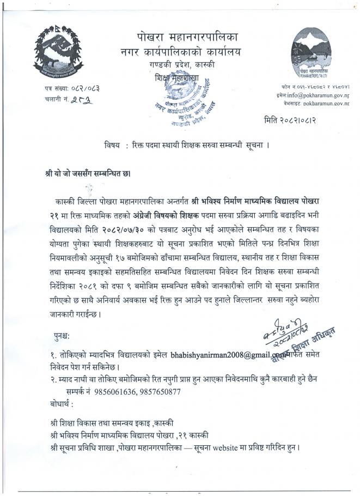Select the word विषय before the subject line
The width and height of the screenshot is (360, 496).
click(x=113, y=146)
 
